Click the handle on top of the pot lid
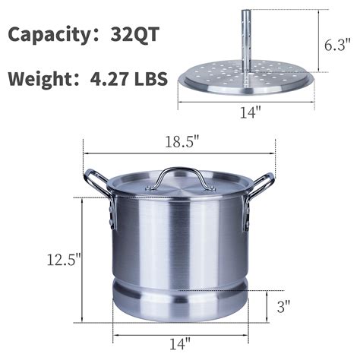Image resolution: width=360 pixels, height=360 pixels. (x=178, y=175)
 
